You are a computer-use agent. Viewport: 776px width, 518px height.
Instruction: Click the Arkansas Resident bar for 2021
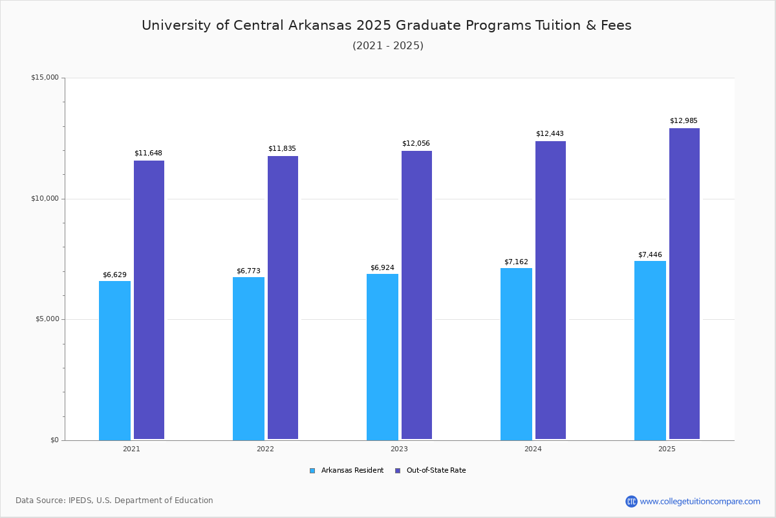(x=114, y=360)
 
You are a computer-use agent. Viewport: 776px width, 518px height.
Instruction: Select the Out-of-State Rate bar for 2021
(x=149, y=300)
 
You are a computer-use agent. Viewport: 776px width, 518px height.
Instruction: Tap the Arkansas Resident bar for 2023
(x=382, y=357)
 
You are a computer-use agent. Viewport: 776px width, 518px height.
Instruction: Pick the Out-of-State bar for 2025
(x=684, y=284)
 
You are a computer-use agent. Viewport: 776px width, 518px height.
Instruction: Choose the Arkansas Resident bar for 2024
(x=516, y=354)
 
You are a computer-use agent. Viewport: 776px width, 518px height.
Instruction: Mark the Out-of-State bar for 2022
(x=283, y=298)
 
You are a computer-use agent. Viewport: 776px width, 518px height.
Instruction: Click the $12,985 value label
(x=684, y=121)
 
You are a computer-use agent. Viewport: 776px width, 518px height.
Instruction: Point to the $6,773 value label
(x=248, y=271)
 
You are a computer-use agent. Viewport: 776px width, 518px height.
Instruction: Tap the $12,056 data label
(x=416, y=144)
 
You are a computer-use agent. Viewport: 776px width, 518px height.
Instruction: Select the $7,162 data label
(x=516, y=262)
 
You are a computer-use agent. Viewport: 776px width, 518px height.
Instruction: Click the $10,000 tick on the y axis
(x=45, y=199)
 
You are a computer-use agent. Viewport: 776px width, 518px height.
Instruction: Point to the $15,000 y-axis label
(x=45, y=78)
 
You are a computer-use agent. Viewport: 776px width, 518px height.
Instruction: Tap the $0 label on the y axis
(x=54, y=440)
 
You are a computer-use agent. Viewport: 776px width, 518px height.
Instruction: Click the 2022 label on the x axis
(x=265, y=449)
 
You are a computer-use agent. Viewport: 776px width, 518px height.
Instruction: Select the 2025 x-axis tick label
(x=667, y=449)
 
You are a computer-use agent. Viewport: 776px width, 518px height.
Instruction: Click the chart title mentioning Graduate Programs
(x=387, y=25)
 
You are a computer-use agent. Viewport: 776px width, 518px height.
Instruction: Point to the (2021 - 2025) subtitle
(x=388, y=46)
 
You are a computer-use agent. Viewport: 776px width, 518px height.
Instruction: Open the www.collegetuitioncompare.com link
(x=700, y=501)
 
